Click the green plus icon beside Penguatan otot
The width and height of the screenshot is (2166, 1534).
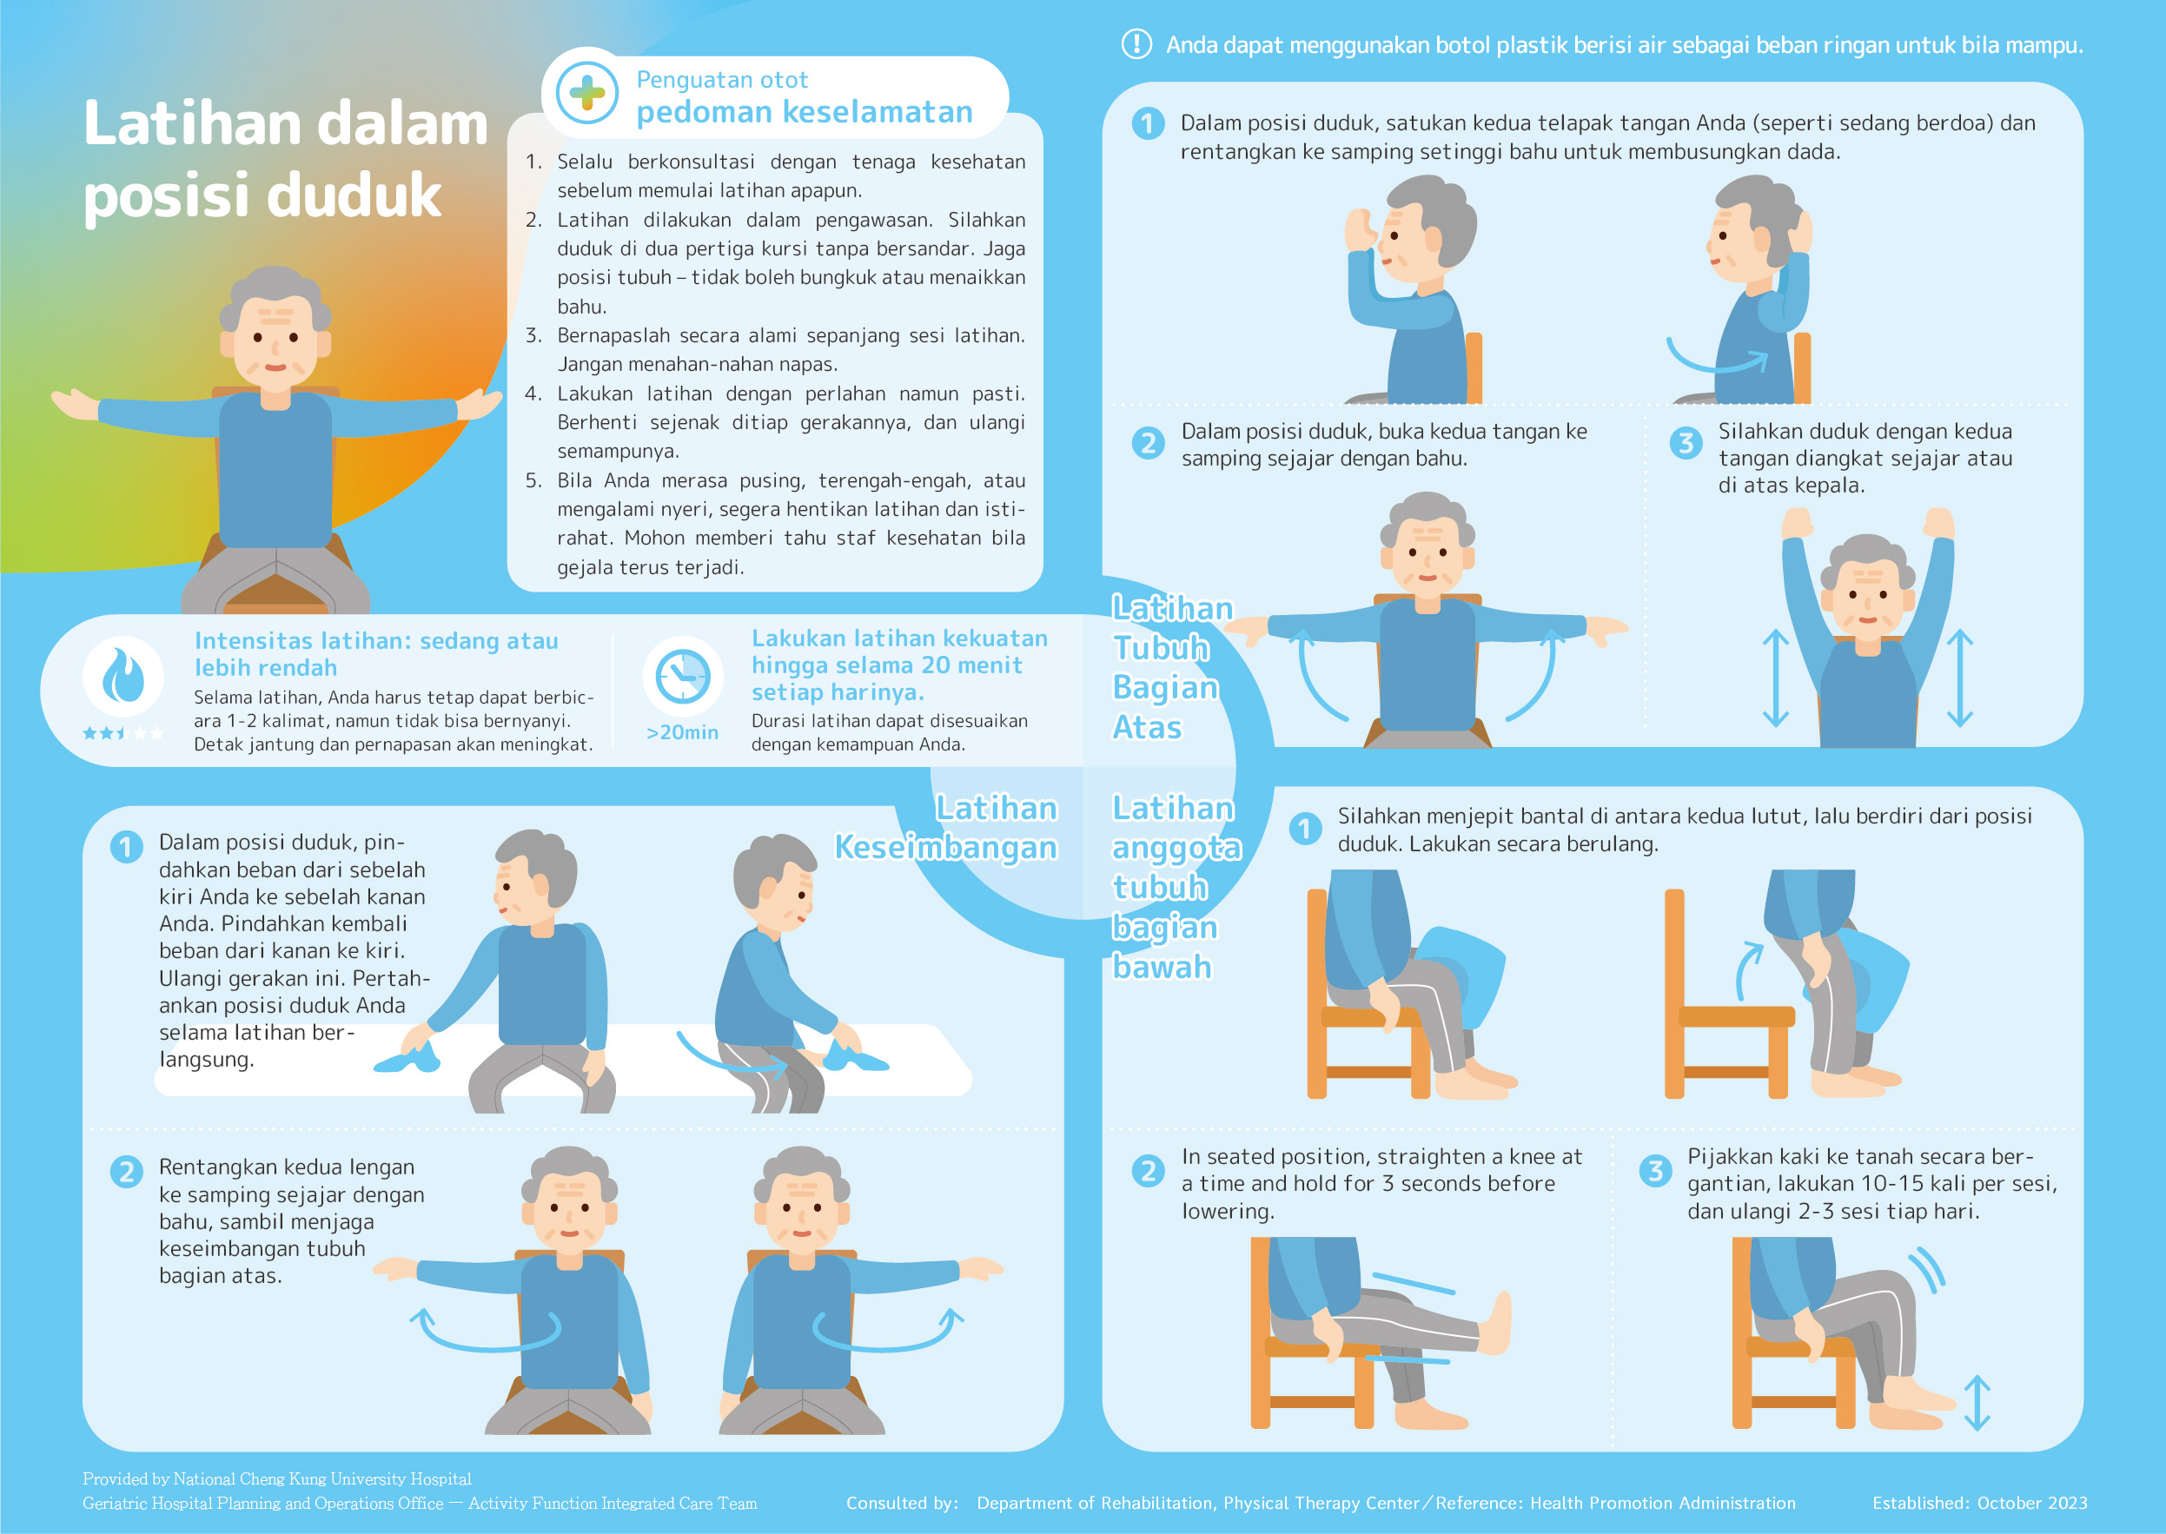[586, 93]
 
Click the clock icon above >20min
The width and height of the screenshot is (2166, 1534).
[683, 677]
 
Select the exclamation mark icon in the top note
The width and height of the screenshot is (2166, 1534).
[1136, 43]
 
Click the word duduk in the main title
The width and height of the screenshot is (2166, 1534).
[354, 195]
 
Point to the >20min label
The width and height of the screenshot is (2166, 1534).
[682, 733]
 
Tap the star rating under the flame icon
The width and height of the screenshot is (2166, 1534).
[123, 733]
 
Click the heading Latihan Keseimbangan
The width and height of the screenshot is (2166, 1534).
[945, 828]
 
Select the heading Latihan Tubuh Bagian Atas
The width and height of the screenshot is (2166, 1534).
[1171, 668]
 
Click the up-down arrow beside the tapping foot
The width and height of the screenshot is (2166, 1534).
[1977, 1403]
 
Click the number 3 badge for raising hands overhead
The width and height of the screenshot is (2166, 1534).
[1686, 442]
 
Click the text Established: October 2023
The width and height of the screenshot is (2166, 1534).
[1980, 1503]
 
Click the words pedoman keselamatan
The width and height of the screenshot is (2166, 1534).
[805, 112]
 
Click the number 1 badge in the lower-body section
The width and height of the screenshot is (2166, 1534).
[1304, 829]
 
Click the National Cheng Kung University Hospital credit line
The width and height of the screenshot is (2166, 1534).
[277, 1478]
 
